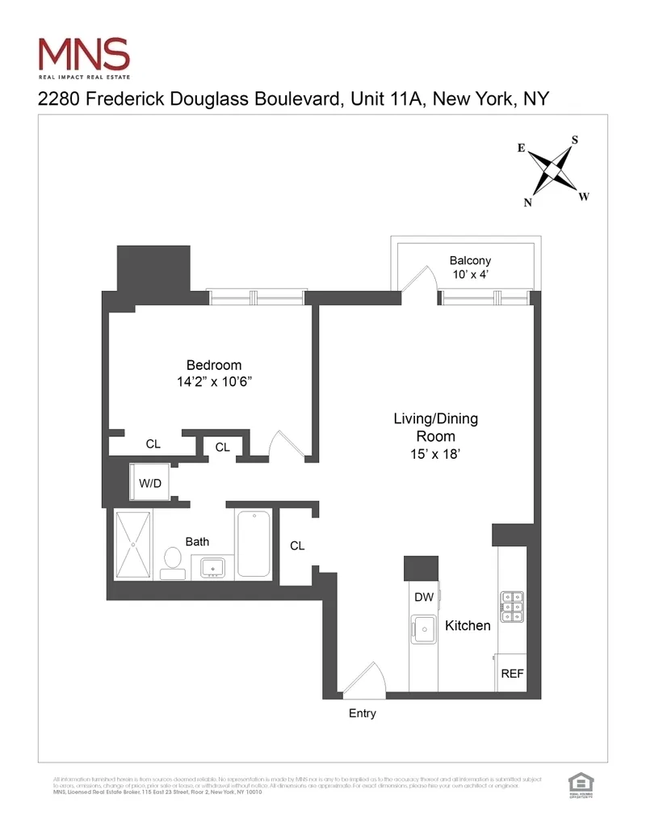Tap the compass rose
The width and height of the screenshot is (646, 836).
click(x=553, y=172)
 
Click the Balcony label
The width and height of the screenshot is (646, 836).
click(x=470, y=261)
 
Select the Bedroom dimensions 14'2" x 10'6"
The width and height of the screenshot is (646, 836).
click(x=214, y=381)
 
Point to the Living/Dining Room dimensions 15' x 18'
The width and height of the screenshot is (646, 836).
click(x=435, y=454)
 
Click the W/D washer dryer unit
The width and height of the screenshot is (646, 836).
click(x=151, y=483)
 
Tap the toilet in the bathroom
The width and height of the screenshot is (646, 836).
click(x=172, y=561)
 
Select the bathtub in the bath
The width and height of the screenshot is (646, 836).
click(x=254, y=544)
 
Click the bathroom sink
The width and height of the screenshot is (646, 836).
click(x=215, y=568)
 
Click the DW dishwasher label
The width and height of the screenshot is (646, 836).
click(x=424, y=598)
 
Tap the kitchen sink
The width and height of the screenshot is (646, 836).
click(x=423, y=627)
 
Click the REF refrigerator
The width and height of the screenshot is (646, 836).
click(x=512, y=673)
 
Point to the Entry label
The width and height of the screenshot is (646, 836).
click(x=363, y=713)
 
